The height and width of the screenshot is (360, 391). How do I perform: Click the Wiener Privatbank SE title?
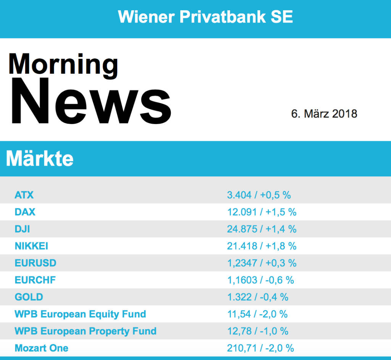(205, 17)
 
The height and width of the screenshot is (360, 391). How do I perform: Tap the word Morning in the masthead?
(63, 64)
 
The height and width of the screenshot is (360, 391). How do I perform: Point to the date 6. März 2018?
(324, 114)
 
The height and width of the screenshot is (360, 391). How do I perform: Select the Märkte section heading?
(40, 158)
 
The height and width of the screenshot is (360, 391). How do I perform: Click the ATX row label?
(24, 195)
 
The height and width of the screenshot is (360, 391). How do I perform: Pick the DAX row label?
(25, 212)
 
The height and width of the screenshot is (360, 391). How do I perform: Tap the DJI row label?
(22, 229)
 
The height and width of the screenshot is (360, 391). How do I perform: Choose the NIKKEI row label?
(31, 246)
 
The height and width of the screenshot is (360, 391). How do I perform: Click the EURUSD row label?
(35, 263)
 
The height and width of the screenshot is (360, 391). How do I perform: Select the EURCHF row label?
(35, 280)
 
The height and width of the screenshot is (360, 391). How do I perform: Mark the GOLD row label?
(29, 297)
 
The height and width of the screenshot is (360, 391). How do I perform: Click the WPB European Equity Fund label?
(80, 314)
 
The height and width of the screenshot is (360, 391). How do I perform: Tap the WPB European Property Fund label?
(86, 331)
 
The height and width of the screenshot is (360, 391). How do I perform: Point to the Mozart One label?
(41, 348)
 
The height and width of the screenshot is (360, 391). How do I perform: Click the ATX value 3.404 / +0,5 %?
(259, 195)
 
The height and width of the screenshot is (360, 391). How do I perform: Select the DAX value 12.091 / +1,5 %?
(262, 212)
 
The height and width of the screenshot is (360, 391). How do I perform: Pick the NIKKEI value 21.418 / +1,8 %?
(262, 246)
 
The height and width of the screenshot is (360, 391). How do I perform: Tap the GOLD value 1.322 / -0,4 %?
(258, 297)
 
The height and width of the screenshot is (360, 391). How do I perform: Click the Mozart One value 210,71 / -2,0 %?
(260, 348)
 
